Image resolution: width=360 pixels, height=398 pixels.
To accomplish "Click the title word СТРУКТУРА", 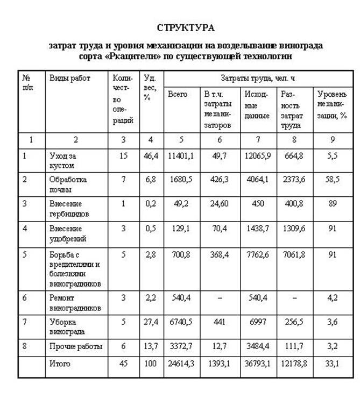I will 186,27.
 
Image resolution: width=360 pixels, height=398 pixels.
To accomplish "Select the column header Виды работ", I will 70,79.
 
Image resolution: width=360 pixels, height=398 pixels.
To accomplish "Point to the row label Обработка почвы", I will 68,184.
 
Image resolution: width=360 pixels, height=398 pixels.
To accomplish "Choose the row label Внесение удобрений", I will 68,233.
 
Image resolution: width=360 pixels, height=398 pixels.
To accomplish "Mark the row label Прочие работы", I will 75,346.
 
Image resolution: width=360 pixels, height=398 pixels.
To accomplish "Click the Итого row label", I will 60,364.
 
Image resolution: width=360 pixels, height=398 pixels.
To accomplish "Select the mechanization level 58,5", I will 333,180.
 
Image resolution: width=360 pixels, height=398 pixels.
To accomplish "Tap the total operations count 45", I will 123,364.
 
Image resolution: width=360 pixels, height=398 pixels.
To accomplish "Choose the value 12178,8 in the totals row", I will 294,364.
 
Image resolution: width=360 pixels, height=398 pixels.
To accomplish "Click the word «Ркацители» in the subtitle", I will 158,55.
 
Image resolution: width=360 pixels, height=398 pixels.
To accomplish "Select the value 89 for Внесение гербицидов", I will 333,204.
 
